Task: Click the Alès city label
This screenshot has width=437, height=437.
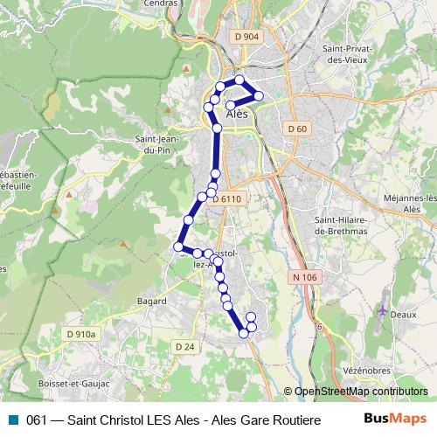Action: (x=237, y=114)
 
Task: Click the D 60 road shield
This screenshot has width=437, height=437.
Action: (x=297, y=128)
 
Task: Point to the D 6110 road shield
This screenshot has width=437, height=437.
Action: (x=226, y=198)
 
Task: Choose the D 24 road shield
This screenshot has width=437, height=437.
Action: (x=184, y=346)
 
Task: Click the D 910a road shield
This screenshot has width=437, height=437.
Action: (x=80, y=333)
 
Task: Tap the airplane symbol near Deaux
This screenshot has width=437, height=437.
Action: (x=384, y=310)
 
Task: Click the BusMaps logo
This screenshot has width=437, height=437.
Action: (x=395, y=419)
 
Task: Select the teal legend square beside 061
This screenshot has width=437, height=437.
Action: (x=11, y=419)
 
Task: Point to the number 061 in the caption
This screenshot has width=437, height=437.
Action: (x=37, y=419)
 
